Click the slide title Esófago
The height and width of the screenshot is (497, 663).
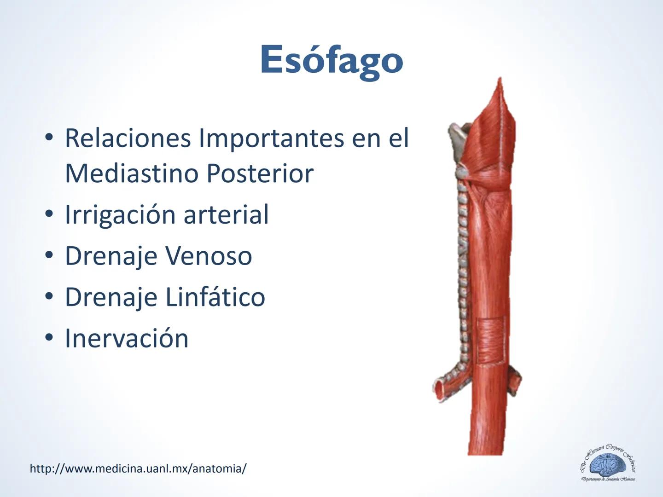coord(331,60)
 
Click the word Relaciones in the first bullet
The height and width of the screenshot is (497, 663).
coord(128,138)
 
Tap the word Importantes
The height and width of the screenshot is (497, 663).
coord(271,138)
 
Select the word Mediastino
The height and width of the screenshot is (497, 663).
coord(132,173)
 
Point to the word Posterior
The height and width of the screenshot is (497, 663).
coord(260,173)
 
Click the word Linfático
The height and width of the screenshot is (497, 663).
coord(215,297)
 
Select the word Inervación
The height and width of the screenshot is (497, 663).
coord(127,338)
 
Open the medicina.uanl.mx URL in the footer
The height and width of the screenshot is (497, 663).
coord(138,468)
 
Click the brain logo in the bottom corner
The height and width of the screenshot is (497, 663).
coord(608,465)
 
